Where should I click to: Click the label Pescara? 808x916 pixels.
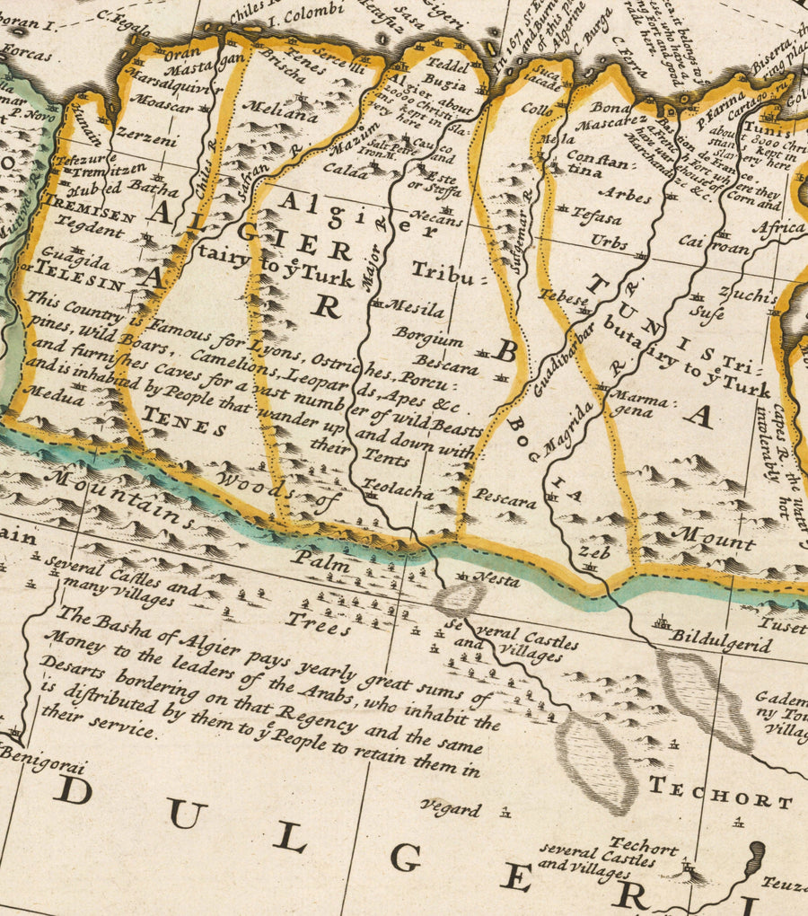(505, 495)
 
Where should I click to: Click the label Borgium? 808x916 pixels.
(427, 339)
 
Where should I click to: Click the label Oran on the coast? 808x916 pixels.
(182, 53)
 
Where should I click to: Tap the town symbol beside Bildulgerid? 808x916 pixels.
(663, 622)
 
